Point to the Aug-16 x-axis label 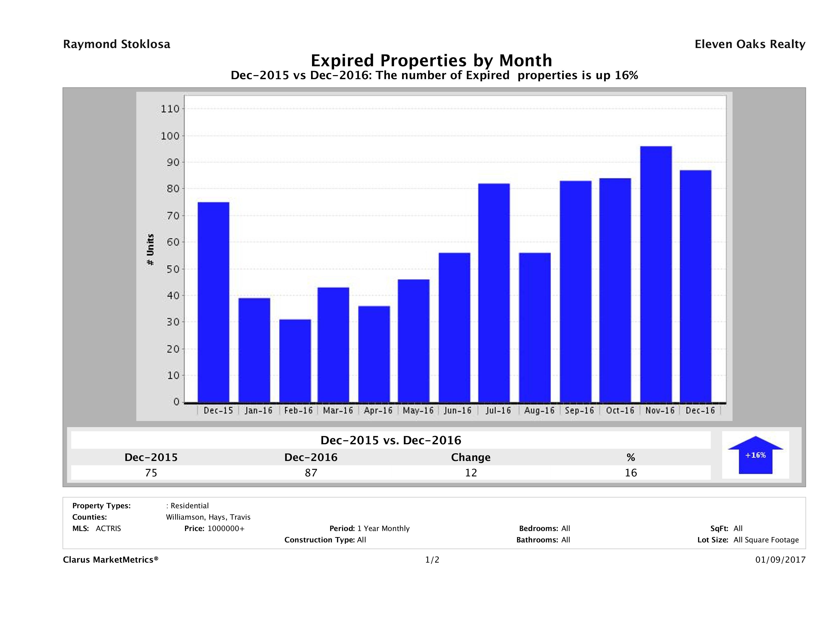click(x=539, y=411)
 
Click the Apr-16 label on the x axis click(x=378, y=411)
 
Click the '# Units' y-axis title click(x=150, y=250)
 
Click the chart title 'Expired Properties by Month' click(x=431, y=60)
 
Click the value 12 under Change click(x=471, y=473)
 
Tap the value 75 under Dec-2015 click(x=151, y=473)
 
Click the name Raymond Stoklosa click(x=117, y=44)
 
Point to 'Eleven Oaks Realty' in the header click(x=749, y=44)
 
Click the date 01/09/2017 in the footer click(x=780, y=560)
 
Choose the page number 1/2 click(x=432, y=560)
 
